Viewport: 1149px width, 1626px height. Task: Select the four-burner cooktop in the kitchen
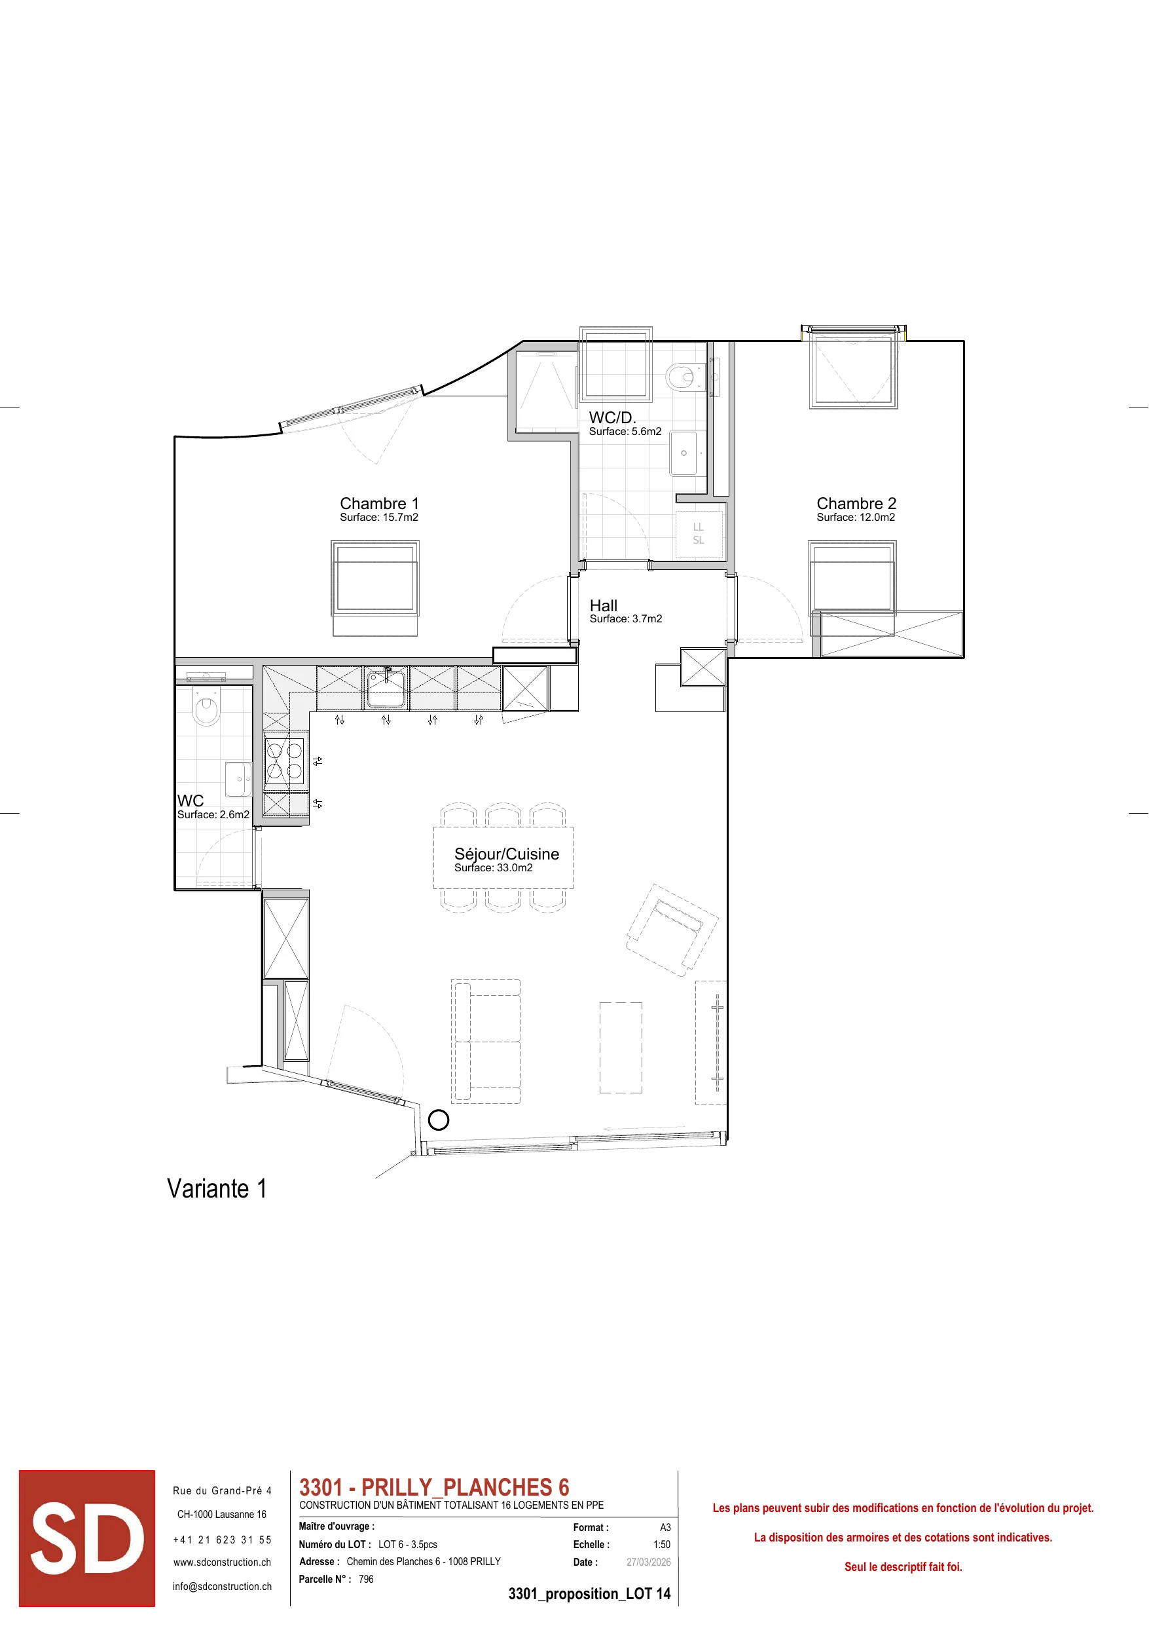click(285, 761)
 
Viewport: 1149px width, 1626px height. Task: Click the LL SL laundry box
click(699, 534)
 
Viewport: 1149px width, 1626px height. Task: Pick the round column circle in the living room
click(439, 1120)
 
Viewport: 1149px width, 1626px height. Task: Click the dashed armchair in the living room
click(672, 930)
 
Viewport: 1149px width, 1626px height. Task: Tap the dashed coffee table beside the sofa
click(621, 1048)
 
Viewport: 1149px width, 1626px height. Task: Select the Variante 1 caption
click(217, 1189)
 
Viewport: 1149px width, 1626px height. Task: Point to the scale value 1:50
click(662, 1545)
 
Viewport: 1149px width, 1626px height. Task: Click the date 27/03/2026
click(648, 1562)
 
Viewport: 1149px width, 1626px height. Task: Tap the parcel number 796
click(366, 1579)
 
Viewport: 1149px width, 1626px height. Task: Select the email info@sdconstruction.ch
click(223, 1586)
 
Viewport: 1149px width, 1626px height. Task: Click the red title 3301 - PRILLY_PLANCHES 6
click(434, 1487)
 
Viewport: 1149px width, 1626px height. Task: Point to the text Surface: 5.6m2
click(625, 431)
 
